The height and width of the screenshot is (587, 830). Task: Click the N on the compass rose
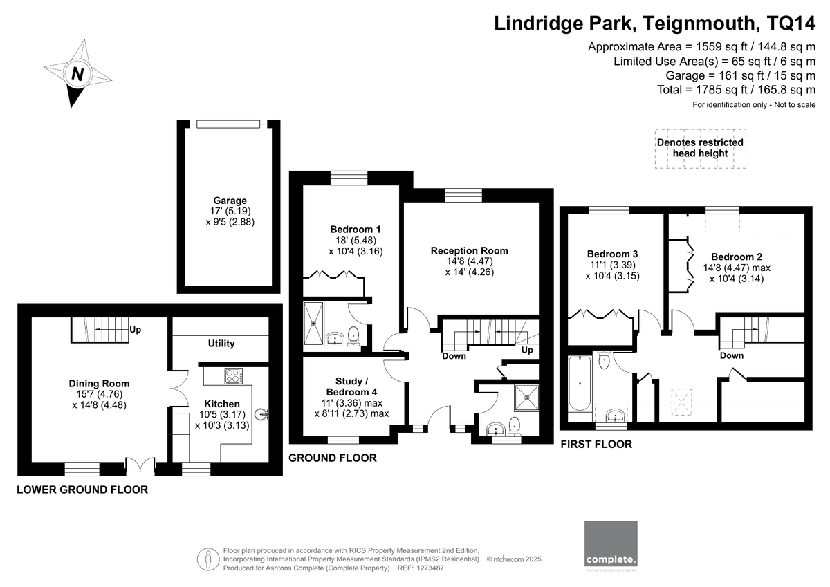coord(77,74)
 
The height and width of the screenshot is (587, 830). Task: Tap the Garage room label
coord(230,201)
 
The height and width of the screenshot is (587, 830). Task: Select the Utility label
coord(221,344)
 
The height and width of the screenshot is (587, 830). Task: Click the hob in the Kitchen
coord(234,375)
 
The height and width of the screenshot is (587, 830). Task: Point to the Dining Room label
coord(100,384)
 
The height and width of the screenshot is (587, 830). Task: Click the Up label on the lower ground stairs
coord(136,330)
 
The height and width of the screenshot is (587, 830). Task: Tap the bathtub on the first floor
coord(580,384)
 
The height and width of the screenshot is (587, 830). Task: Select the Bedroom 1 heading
coord(356,230)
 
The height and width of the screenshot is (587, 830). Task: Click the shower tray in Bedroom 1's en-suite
coord(313,324)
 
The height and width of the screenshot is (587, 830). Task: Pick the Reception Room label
coord(469,251)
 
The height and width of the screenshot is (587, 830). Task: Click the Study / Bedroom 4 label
coord(351,386)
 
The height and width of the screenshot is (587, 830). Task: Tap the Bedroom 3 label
coord(612,254)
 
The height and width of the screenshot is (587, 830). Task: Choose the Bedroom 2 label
coord(737,257)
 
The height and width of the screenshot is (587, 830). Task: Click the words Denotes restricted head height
coord(700,148)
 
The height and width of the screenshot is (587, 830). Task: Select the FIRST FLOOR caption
coord(596,445)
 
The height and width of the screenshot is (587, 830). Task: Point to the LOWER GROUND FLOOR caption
coord(82,490)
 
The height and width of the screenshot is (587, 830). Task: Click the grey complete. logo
coord(611,544)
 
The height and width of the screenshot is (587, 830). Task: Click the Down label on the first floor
coord(732,356)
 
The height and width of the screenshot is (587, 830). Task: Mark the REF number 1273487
coord(430,568)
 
